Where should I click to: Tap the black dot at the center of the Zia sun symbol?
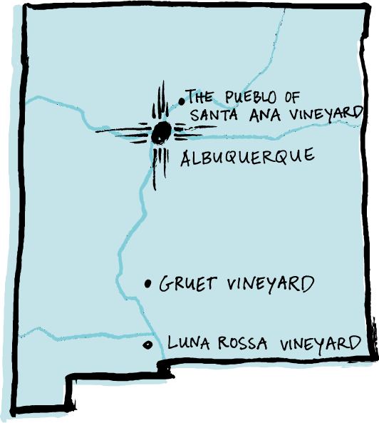pos(161,132)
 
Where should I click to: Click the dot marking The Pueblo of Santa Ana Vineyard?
pos(181,101)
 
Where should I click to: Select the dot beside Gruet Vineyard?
pos(148,284)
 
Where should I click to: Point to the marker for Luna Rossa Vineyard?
pos(147,345)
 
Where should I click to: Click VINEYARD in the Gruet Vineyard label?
pos(270,284)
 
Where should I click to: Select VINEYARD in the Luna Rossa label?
pos(320,344)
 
